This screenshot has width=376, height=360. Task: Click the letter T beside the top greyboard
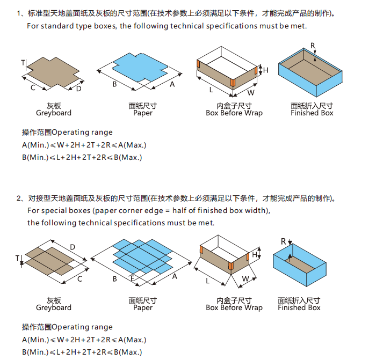click(23, 63)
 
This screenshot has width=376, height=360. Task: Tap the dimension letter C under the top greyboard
click(33, 87)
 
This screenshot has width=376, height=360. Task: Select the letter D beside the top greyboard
click(79, 89)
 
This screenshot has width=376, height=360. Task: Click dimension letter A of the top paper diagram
click(172, 84)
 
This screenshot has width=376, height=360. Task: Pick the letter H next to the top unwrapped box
click(265, 70)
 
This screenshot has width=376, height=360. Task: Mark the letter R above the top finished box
click(313, 45)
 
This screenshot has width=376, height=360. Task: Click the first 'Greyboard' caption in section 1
click(54, 113)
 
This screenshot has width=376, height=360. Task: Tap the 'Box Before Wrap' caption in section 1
click(234, 113)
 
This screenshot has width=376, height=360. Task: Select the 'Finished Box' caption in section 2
click(299, 307)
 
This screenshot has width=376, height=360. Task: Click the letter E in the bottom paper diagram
click(133, 278)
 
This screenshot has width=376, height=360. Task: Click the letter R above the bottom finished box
click(284, 241)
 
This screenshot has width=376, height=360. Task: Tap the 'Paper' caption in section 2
click(143, 307)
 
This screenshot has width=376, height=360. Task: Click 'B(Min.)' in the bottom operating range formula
click(35, 352)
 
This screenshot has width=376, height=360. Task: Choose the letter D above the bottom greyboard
click(72, 247)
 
